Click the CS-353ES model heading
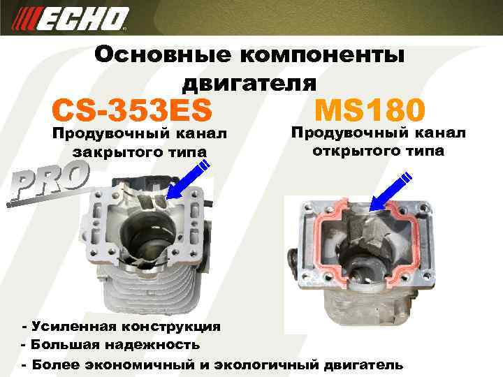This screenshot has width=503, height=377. (132, 110)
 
